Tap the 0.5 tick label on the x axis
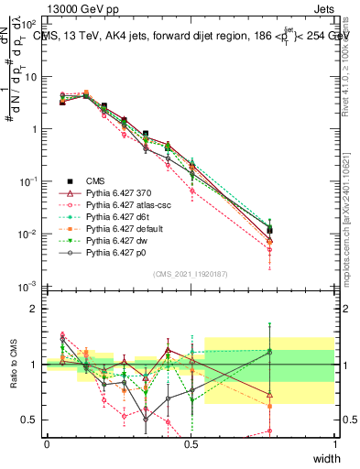[191, 444]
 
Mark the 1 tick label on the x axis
[335, 444]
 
